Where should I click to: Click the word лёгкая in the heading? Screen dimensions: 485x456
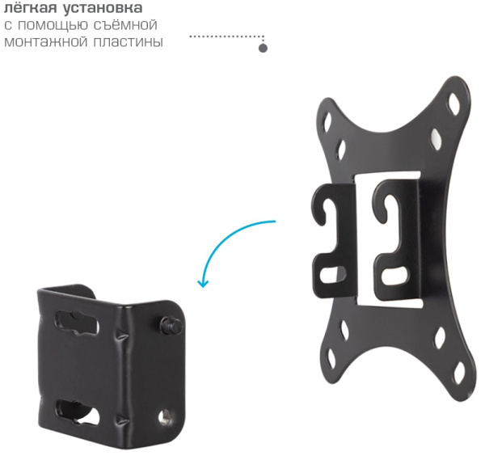[31, 7]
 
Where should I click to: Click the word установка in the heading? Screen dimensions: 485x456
[103, 8]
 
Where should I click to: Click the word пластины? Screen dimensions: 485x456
[128, 41]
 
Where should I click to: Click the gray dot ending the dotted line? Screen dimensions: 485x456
[263, 49]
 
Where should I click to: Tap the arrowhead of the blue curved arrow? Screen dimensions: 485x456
[203, 283]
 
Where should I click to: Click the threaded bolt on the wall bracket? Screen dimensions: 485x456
[171, 325]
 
